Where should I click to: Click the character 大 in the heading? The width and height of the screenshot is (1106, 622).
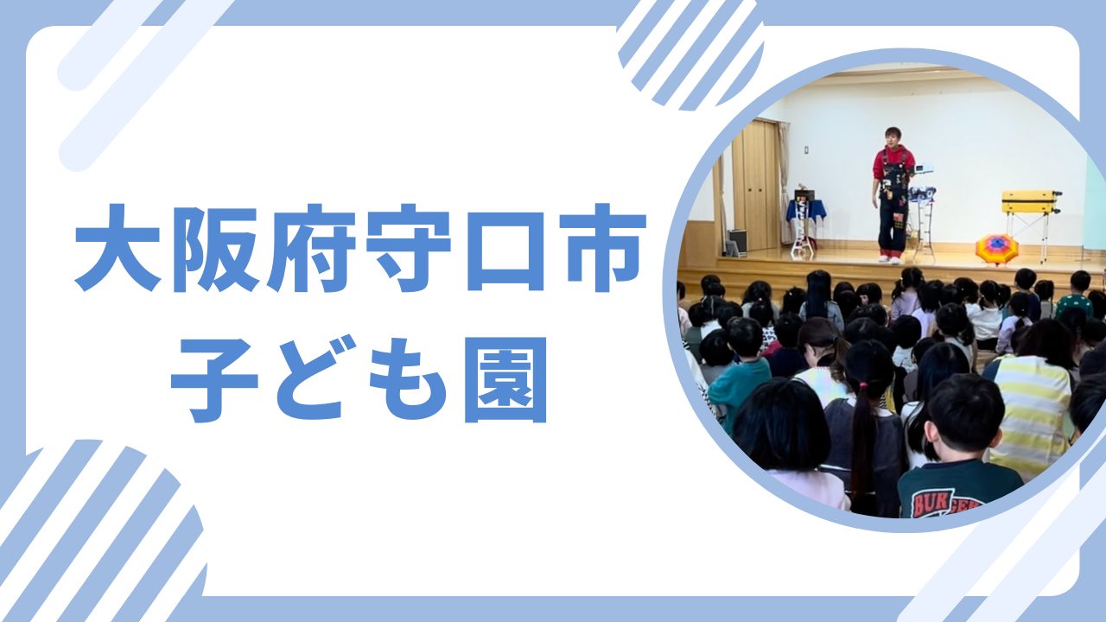(x=118, y=247)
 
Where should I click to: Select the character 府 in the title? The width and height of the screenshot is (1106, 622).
(x=311, y=248)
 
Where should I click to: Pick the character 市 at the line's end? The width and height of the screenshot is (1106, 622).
(x=602, y=248)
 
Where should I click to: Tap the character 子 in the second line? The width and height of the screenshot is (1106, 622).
(x=214, y=380)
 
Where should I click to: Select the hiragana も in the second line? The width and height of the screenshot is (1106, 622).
(x=408, y=379)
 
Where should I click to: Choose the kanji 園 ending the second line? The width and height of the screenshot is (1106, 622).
(x=505, y=380)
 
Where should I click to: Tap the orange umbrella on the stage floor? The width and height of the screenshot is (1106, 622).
(x=997, y=249)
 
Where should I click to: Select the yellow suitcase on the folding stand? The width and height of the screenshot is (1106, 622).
(x=1031, y=202)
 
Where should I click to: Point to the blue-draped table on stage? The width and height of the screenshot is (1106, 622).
(x=806, y=209)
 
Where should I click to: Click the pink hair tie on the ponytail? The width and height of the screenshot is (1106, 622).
(x=863, y=384)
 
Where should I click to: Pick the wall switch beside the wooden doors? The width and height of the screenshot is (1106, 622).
(x=806, y=149)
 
